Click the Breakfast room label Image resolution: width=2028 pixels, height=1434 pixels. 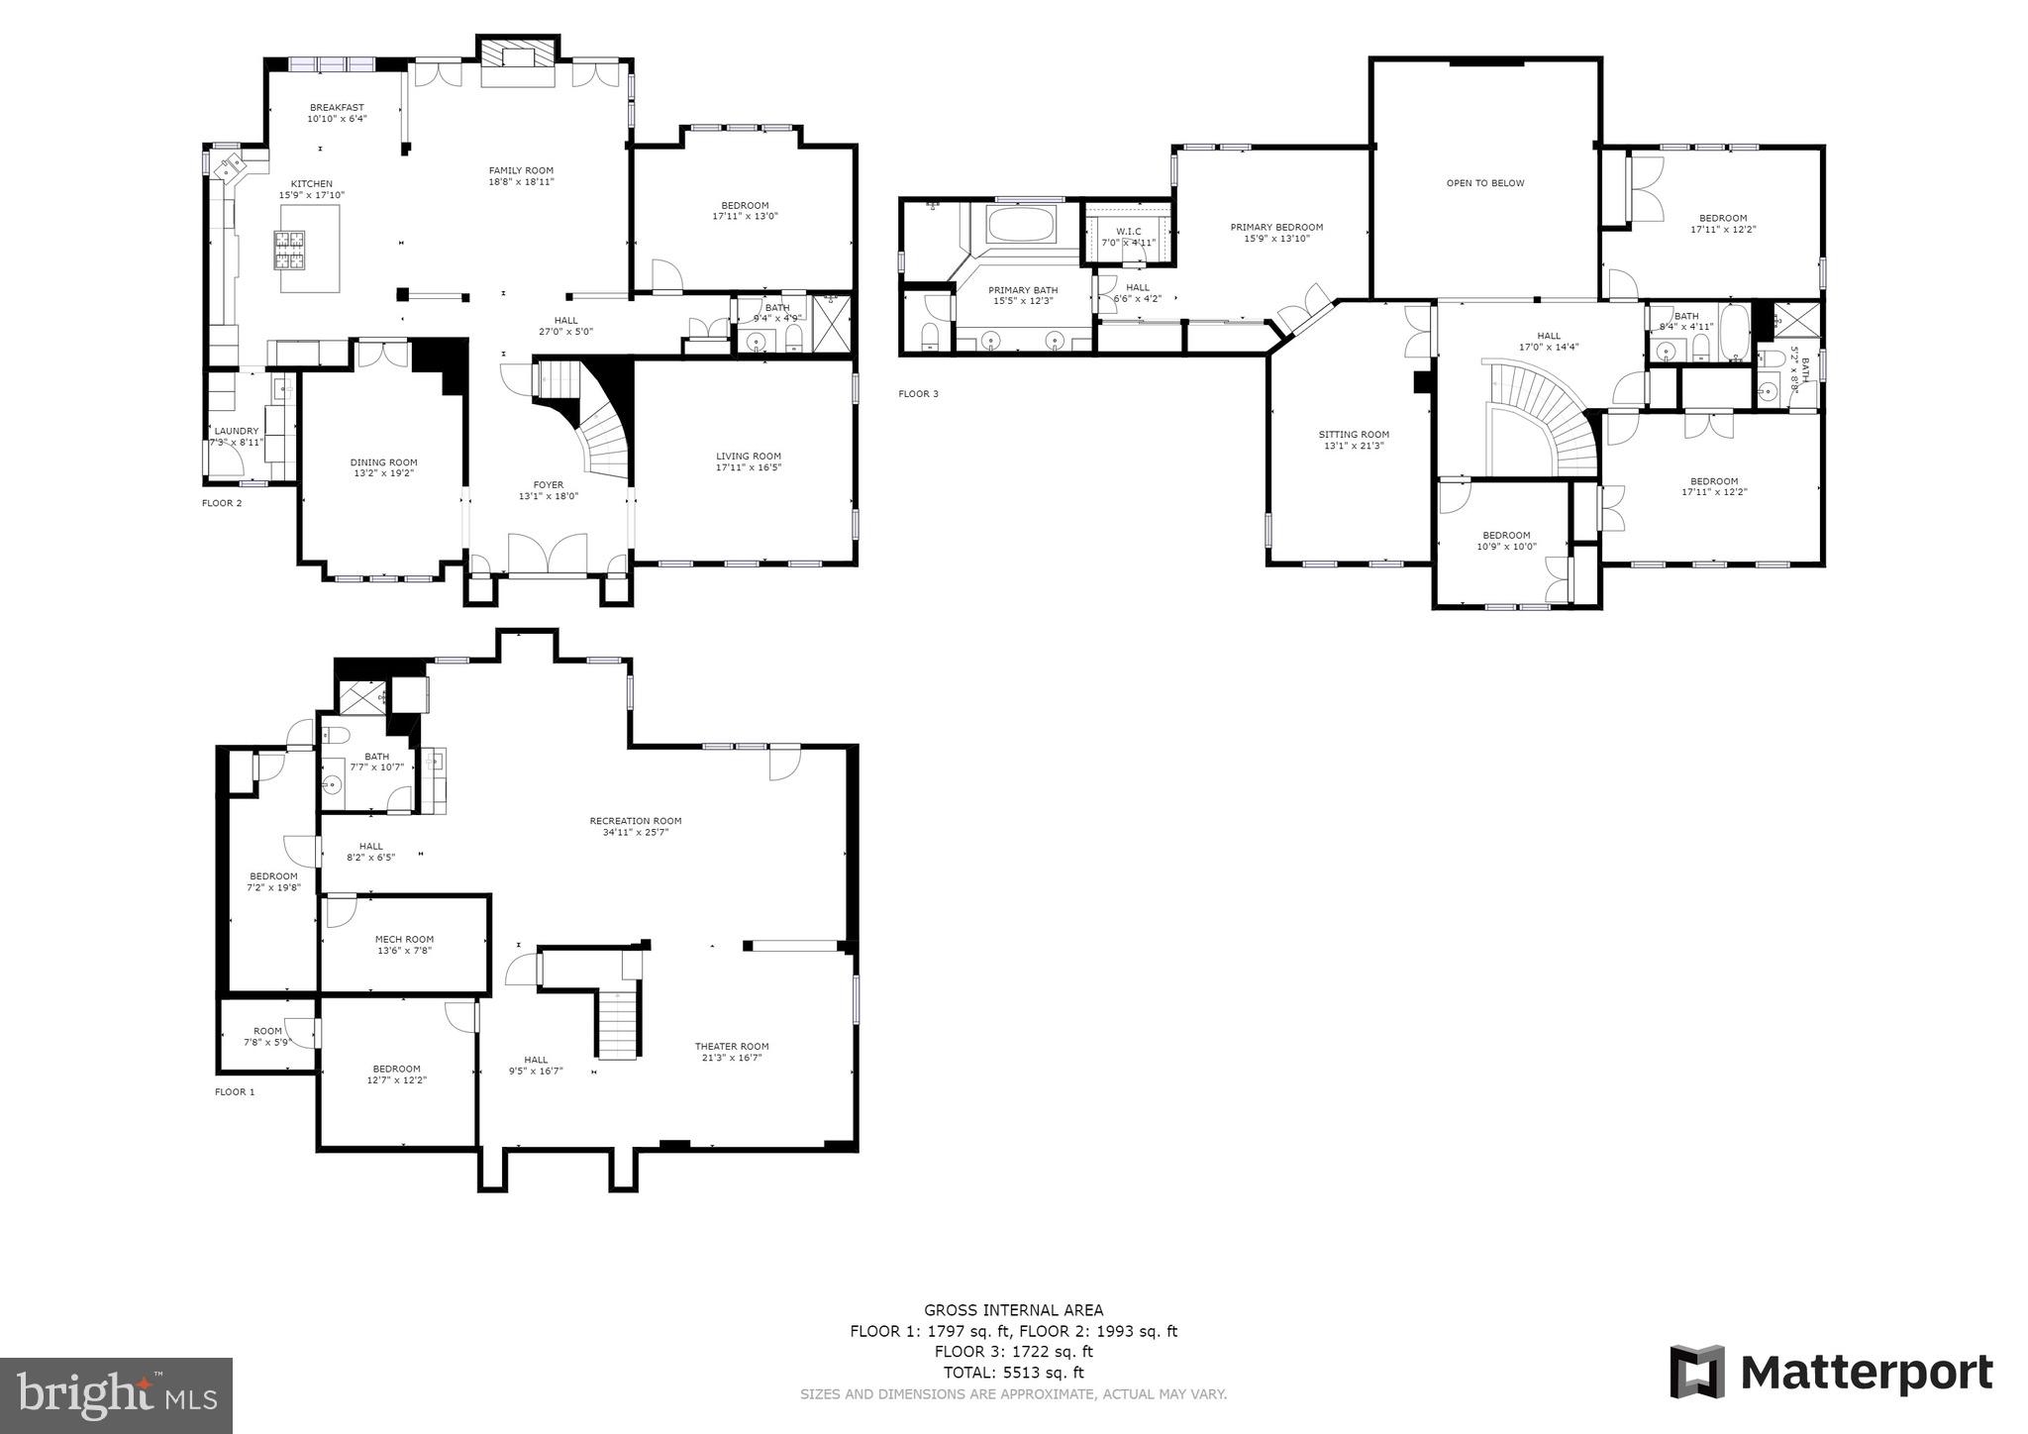click(x=337, y=108)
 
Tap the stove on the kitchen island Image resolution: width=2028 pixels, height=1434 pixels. click(x=291, y=250)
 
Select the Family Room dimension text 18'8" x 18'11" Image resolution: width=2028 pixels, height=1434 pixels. click(x=521, y=182)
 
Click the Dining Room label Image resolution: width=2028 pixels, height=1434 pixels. click(x=383, y=462)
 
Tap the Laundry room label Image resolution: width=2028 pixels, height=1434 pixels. click(x=236, y=431)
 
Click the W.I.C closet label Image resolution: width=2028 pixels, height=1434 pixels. click(x=1128, y=231)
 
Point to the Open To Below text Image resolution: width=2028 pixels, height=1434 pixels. click(x=1484, y=183)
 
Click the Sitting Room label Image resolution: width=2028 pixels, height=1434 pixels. click(x=1354, y=435)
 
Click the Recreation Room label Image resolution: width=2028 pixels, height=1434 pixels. click(x=635, y=821)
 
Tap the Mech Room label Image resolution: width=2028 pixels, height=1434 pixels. click(x=404, y=939)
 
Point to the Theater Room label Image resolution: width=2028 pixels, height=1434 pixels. click(x=731, y=1047)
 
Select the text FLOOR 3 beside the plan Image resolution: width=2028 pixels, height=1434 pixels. click(x=918, y=394)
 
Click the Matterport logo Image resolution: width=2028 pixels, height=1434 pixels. click(x=1831, y=1373)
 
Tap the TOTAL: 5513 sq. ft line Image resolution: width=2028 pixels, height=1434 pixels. click(x=1013, y=1373)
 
